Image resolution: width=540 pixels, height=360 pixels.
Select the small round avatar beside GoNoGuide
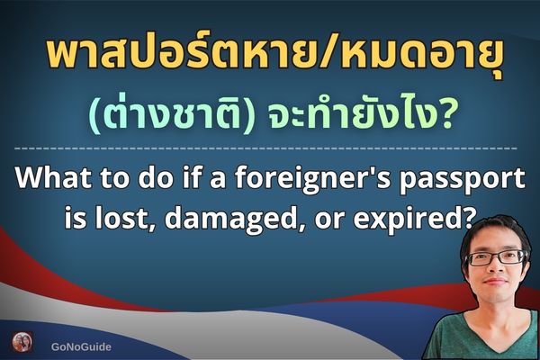[22, 343]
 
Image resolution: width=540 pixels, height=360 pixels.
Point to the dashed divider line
[270, 146]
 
